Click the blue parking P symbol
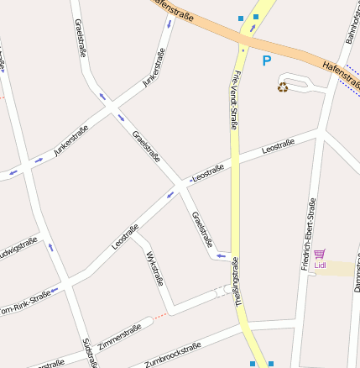click(267, 60)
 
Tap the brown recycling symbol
click(283, 87)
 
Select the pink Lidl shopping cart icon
click(320, 254)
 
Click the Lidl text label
click(320, 265)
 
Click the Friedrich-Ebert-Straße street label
click(308, 234)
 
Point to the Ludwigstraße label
click(18, 250)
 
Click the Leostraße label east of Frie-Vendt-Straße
click(278, 148)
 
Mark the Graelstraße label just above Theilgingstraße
click(202, 229)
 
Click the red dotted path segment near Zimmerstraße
click(159, 316)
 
